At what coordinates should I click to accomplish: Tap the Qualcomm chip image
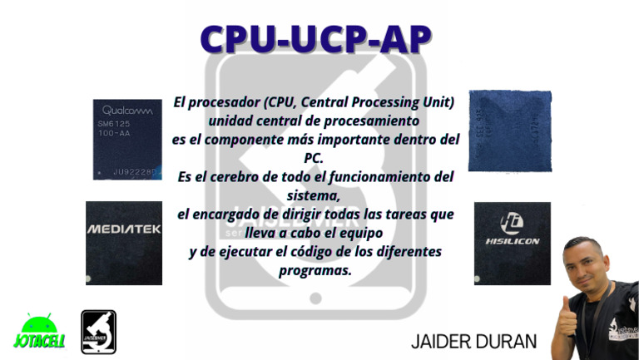click(x=126, y=139)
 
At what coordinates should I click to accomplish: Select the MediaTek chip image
click(x=123, y=243)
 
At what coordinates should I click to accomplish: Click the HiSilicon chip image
click(x=512, y=243)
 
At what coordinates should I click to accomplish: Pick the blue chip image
click(x=509, y=131)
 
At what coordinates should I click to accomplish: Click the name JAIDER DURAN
click(x=473, y=341)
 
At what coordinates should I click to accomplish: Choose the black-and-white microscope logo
click(x=98, y=333)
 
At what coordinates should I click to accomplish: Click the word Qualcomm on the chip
click(x=127, y=111)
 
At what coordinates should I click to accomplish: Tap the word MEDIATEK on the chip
click(x=123, y=229)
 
